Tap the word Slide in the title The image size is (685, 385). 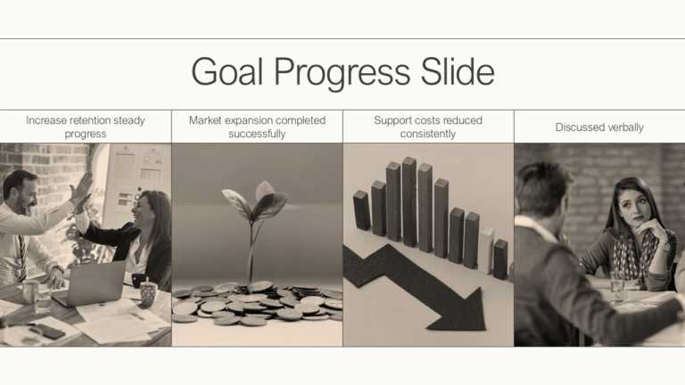[x=458, y=72]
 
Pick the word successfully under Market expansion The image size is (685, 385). [x=257, y=134]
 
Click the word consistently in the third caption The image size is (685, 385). [x=428, y=134]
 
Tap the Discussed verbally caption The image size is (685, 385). [x=599, y=127]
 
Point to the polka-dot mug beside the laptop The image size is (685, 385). [x=149, y=292]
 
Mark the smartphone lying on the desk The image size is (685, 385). [x=46, y=331]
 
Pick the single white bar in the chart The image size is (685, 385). [x=486, y=250]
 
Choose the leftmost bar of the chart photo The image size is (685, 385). [x=361, y=210]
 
